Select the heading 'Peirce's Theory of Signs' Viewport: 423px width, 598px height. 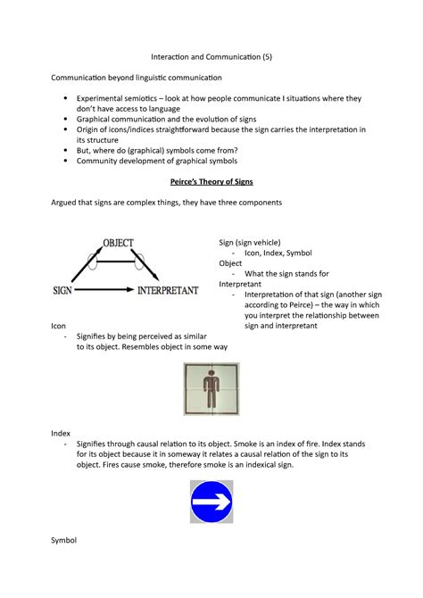211,181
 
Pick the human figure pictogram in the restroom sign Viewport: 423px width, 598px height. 211,389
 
